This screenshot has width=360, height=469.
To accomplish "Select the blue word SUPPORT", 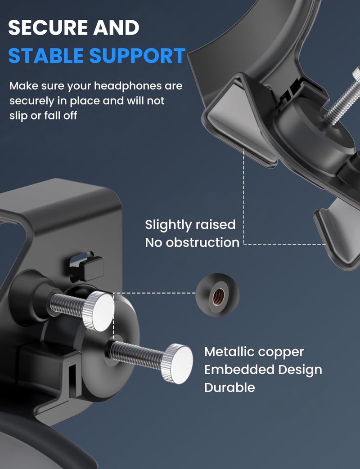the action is point(138,56).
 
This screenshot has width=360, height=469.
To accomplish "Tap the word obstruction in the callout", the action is point(202,242).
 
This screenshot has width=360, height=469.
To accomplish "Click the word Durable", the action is point(229,388).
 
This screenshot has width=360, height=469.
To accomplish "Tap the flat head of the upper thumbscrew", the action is point(102,311).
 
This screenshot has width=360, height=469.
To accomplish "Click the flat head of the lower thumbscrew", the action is point(180,364).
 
